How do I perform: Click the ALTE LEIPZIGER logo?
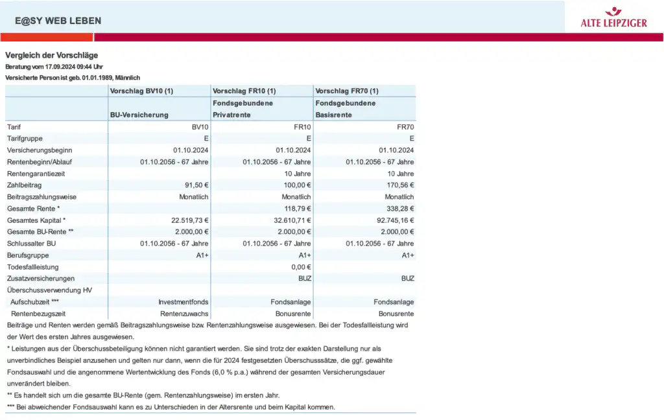pyautogui.click(x=613, y=17)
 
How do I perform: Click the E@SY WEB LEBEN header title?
pyautogui.click(x=58, y=21)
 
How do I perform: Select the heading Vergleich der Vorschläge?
pyautogui.click(x=52, y=55)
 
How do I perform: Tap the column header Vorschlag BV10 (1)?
pyautogui.click(x=142, y=91)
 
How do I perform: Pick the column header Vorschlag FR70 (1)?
pyautogui.click(x=347, y=91)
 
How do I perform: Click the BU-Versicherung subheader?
pyautogui.click(x=139, y=115)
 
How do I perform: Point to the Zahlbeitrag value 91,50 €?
pyautogui.click(x=195, y=185)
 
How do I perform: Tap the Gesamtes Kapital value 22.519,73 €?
pyautogui.click(x=185, y=220)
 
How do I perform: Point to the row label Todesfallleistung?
pyautogui.click(x=33, y=267)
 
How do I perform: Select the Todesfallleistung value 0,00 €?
pyautogui.click(x=301, y=267)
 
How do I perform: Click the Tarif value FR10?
pyautogui.click(x=302, y=127)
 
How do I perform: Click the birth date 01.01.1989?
pyautogui.click(x=100, y=77)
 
